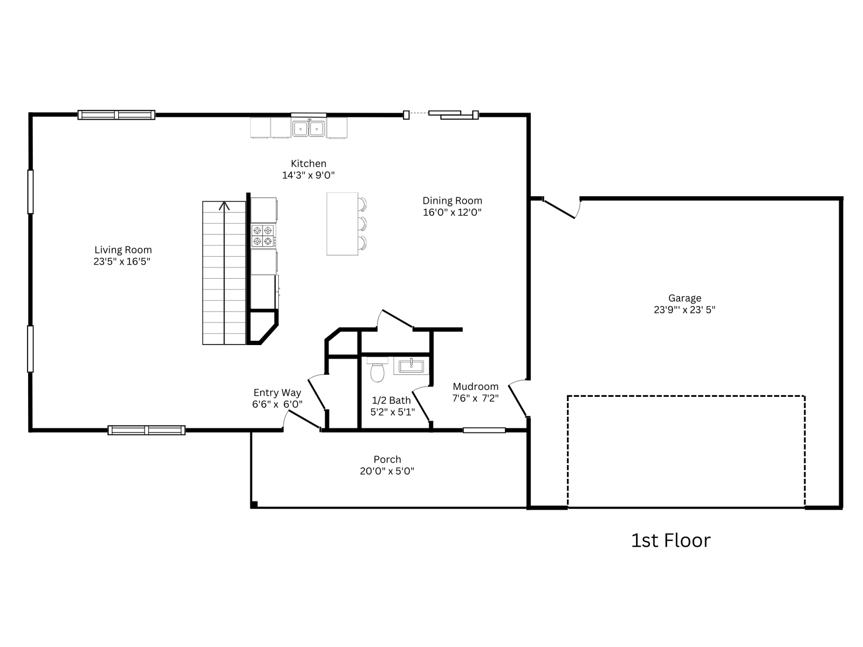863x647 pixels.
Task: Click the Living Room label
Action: [123, 250]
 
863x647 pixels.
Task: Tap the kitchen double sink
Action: [309, 128]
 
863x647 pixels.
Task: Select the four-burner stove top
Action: [263, 236]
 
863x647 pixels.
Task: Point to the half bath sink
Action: [411, 366]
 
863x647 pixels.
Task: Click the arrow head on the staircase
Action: [224, 206]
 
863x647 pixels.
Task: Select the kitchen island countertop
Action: [342, 224]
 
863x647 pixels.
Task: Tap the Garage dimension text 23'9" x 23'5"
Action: [684, 310]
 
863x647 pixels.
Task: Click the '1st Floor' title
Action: [671, 541]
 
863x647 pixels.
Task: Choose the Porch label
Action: [387, 459]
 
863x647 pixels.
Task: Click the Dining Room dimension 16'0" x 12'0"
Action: [452, 212]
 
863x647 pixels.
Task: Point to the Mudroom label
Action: [475, 387]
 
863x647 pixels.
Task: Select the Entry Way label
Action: [277, 393]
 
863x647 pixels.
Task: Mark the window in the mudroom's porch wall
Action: [484, 430]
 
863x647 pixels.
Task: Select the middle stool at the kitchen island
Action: [362, 224]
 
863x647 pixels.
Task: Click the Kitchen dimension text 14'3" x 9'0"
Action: [308, 175]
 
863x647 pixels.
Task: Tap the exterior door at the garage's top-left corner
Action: [559, 209]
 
